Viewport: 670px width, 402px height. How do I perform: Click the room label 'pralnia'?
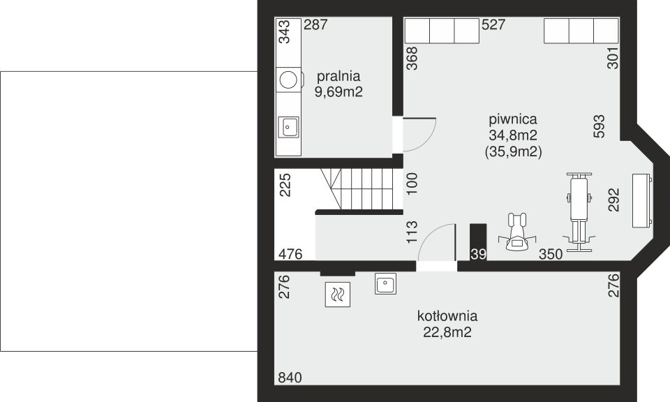[x=338, y=76]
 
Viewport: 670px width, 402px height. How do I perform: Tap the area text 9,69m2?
[x=338, y=91]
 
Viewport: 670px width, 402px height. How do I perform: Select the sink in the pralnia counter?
[x=289, y=127]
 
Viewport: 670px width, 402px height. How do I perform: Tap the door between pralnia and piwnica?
[x=417, y=134]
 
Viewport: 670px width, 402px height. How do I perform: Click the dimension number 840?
[x=290, y=378]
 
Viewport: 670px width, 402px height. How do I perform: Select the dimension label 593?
[x=599, y=126]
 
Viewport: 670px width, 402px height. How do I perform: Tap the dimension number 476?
[x=290, y=255]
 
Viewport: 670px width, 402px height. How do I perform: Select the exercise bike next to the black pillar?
[x=516, y=232]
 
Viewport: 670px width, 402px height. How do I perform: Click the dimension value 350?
[x=551, y=255]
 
